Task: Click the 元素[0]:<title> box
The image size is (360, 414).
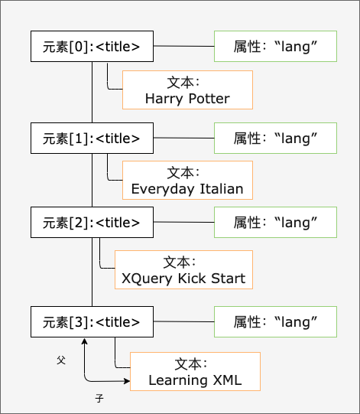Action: [x=92, y=47]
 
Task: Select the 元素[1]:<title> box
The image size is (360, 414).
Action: [x=92, y=138]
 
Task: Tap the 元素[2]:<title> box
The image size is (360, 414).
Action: [x=92, y=222]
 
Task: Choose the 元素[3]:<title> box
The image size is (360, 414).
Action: [x=92, y=321]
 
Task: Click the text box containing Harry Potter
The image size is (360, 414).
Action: [x=187, y=90]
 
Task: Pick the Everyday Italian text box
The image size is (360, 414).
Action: [x=187, y=181]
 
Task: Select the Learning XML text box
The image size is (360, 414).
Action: [x=195, y=372]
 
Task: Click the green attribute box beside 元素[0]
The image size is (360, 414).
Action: [x=275, y=47]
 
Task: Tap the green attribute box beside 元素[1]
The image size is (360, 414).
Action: [x=275, y=138]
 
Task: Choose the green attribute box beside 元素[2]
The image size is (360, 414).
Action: [x=275, y=222]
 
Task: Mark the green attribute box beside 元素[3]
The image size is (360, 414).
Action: [x=275, y=321]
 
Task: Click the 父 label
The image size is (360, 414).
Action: [x=61, y=358]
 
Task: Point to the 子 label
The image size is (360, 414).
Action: [x=99, y=399]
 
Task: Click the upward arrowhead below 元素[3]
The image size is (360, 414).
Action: [x=85, y=342]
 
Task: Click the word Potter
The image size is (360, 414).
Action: [x=209, y=99]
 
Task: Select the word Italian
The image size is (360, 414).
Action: [x=220, y=189]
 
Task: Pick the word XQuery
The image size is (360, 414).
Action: [x=144, y=278]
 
